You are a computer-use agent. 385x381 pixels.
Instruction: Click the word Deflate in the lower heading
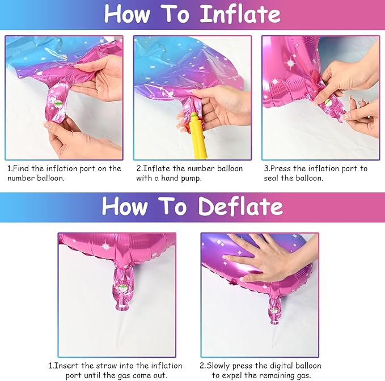pos(241,206)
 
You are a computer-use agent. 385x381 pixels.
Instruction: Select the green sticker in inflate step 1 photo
pos(58,103)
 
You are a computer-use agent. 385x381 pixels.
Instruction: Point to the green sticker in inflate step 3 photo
pos(328,103)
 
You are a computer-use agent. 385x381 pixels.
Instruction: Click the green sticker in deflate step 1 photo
pos(122,287)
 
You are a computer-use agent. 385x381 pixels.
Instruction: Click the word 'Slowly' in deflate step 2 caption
pos(218,366)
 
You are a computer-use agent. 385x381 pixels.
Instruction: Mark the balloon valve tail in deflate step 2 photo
pos(275,307)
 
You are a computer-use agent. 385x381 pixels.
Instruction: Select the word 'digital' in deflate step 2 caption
pos(281,366)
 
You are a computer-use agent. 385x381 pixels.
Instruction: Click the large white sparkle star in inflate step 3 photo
pos(290,63)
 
